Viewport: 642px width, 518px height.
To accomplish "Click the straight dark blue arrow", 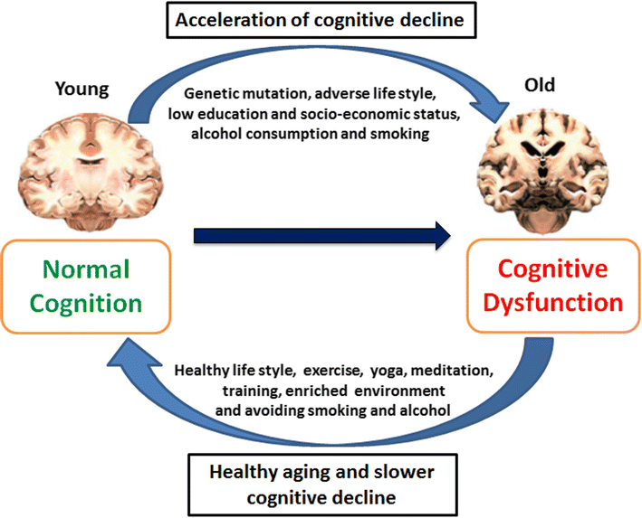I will coord(321,238).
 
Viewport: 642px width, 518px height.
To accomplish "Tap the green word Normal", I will coord(86,269).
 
